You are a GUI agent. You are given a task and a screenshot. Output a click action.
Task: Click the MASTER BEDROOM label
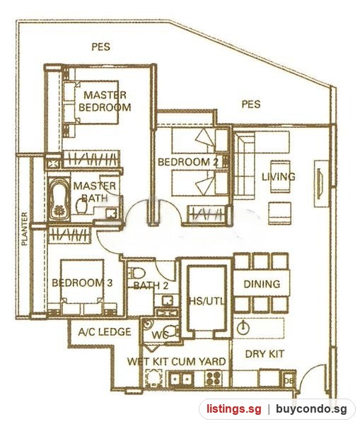point(105,101)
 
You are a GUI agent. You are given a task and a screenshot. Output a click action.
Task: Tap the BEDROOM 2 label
point(188,162)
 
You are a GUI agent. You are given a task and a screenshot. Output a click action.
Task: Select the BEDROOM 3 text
point(82,283)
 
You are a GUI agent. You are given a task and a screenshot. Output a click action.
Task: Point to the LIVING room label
point(279,177)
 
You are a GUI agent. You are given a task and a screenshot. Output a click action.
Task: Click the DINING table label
point(262,284)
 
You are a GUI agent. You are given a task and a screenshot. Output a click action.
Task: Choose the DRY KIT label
point(265,354)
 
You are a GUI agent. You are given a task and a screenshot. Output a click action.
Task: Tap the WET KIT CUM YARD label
point(177,362)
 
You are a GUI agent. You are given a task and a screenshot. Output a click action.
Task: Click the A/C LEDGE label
point(105,332)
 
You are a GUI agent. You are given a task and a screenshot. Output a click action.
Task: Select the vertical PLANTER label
point(25,229)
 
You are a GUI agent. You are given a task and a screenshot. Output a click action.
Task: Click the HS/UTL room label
point(207,301)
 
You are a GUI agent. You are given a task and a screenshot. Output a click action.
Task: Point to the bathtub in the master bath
point(59,199)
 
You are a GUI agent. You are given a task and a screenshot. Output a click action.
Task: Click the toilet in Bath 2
point(137,273)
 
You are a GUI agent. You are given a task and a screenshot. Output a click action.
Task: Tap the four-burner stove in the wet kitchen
point(214,378)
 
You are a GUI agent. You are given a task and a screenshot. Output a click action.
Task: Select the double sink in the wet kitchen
point(180,379)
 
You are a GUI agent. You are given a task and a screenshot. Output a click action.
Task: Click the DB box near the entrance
point(289,379)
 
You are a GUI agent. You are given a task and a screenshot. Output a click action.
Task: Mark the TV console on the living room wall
point(321,184)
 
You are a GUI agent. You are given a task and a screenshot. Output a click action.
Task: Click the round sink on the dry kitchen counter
point(243,328)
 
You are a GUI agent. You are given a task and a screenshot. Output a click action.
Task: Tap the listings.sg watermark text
point(234,409)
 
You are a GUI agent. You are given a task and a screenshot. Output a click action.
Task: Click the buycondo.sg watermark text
point(311,409)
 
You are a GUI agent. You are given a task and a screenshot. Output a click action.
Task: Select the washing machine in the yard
point(155,378)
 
